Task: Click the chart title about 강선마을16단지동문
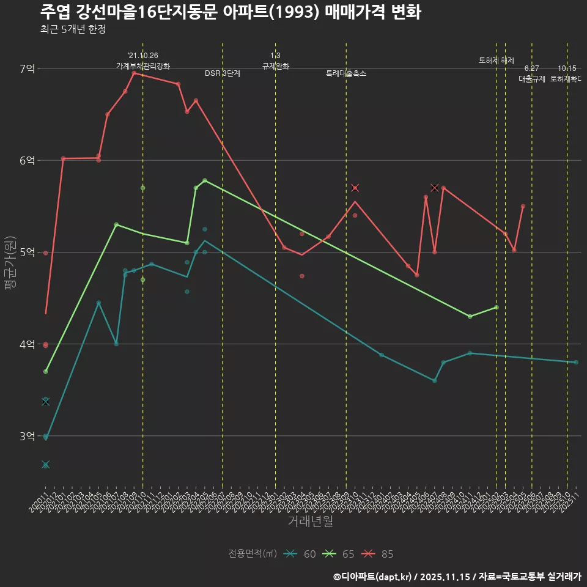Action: (x=231, y=12)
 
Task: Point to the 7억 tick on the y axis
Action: (x=27, y=68)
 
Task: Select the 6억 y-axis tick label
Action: (x=27, y=160)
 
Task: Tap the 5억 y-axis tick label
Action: (x=27, y=253)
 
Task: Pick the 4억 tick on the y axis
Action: (x=27, y=344)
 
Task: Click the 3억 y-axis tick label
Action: (x=27, y=436)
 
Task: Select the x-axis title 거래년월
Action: (x=311, y=522)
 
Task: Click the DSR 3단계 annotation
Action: (x=223, y=73)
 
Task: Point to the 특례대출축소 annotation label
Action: (x=346, y=73)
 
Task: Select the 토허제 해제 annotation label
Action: (x=497, y=61)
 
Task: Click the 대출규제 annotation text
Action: (x=532, y=79)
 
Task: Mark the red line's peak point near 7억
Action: (x=134, y=73)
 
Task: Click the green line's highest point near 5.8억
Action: (x=205, y=180)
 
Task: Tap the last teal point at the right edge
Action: (x=576, y=363)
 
